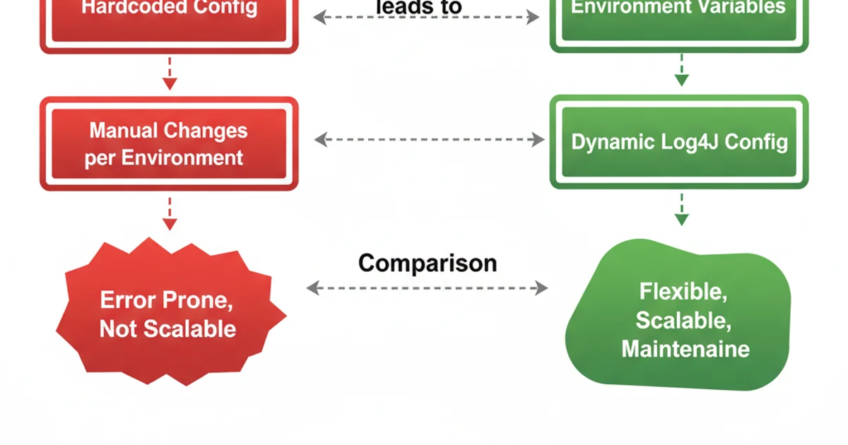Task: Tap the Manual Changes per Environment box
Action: point(169,143)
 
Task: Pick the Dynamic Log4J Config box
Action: point(678,142)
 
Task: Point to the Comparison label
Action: point(428,263)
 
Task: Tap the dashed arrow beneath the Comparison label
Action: point(428,287)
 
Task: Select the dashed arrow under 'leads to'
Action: point(427,18)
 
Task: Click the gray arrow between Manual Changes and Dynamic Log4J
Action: point(429,139)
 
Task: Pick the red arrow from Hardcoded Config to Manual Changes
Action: point(169,73)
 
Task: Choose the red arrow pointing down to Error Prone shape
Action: point(169,213)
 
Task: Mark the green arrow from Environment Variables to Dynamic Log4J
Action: point(681,69)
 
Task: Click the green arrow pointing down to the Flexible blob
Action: point(681,209)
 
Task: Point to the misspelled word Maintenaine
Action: point(685,349)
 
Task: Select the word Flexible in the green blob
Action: point(681,291)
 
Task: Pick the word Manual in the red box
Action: point(124,131)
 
